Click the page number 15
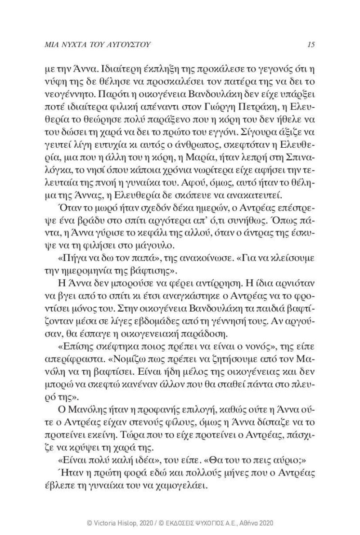(310, 44)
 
